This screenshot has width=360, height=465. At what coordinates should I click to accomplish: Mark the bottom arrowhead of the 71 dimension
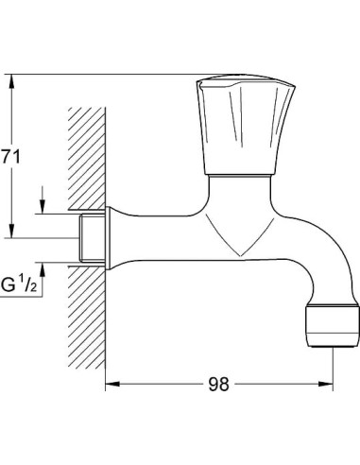(12, 233)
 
